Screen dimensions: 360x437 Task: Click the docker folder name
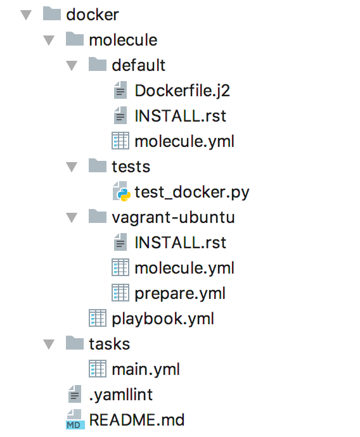pos(93,15)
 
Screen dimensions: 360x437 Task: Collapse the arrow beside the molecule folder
pos(49,41)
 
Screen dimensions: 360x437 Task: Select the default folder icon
pos(98,64)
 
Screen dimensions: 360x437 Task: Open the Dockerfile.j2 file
pos(183,91)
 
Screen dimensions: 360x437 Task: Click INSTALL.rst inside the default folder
pos(180,116)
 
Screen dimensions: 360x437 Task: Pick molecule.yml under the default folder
pos(184,141)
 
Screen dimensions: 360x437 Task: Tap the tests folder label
pos(131,167)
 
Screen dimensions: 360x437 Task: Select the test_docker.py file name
pos(192,193)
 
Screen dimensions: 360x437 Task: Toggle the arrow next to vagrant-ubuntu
pos(72,218)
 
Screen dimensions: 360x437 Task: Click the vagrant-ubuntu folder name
pos(173,217)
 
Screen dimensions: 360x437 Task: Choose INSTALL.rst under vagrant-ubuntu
pos(180,243)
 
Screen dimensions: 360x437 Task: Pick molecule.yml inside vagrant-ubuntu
pos(184,268)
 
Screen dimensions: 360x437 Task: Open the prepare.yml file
pos(180,293)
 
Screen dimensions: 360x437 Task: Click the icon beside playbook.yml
pos(98,318)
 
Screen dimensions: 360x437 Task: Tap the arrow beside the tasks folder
pos(49,344)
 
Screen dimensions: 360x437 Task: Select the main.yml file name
pos(146,370)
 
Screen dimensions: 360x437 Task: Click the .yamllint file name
pos(121,395)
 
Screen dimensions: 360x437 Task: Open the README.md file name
pos(137,420)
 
